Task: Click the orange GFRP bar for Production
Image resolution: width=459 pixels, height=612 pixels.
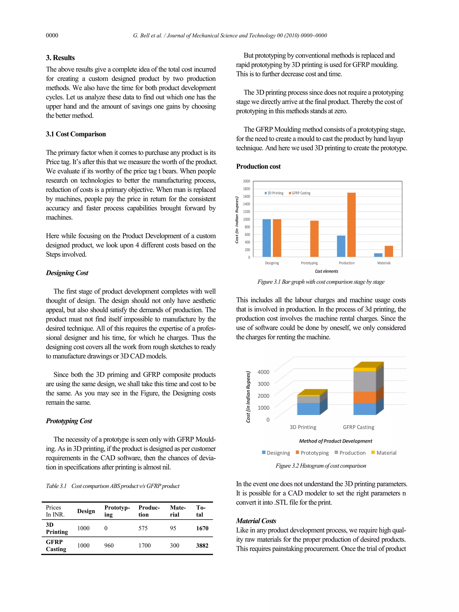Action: click(351, 225)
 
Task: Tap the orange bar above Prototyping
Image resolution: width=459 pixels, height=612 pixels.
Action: click(314, 238)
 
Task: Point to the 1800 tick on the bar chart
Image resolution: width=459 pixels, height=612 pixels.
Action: click(246, 189)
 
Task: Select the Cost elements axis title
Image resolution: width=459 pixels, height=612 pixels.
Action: click(327, 271)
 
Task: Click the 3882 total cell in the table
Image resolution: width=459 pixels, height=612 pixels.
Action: click(202, 545)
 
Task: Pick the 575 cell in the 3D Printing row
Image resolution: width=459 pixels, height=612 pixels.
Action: click(143, 528)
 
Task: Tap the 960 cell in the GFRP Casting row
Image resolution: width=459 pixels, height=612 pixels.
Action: click(109, 545)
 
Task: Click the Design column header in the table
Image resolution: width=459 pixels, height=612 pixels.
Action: click(86, 511)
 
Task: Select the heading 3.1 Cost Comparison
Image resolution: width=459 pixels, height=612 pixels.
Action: click(76, 134)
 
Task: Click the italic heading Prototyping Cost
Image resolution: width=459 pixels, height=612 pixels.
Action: click(69, 421)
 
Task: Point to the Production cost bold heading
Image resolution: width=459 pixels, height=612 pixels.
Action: click(258, 166)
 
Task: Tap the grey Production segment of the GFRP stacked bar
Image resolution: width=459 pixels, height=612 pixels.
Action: click(365, 381)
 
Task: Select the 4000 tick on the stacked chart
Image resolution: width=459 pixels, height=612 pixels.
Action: click(263, 372)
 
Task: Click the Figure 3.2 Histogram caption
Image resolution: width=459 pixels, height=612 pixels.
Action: click(321, 466)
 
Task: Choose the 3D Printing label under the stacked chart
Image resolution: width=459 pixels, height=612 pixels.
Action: click(303, 427)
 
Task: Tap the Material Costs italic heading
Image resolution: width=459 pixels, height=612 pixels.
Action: click(256, 521)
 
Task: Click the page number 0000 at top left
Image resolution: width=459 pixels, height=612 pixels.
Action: click(52, 35)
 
